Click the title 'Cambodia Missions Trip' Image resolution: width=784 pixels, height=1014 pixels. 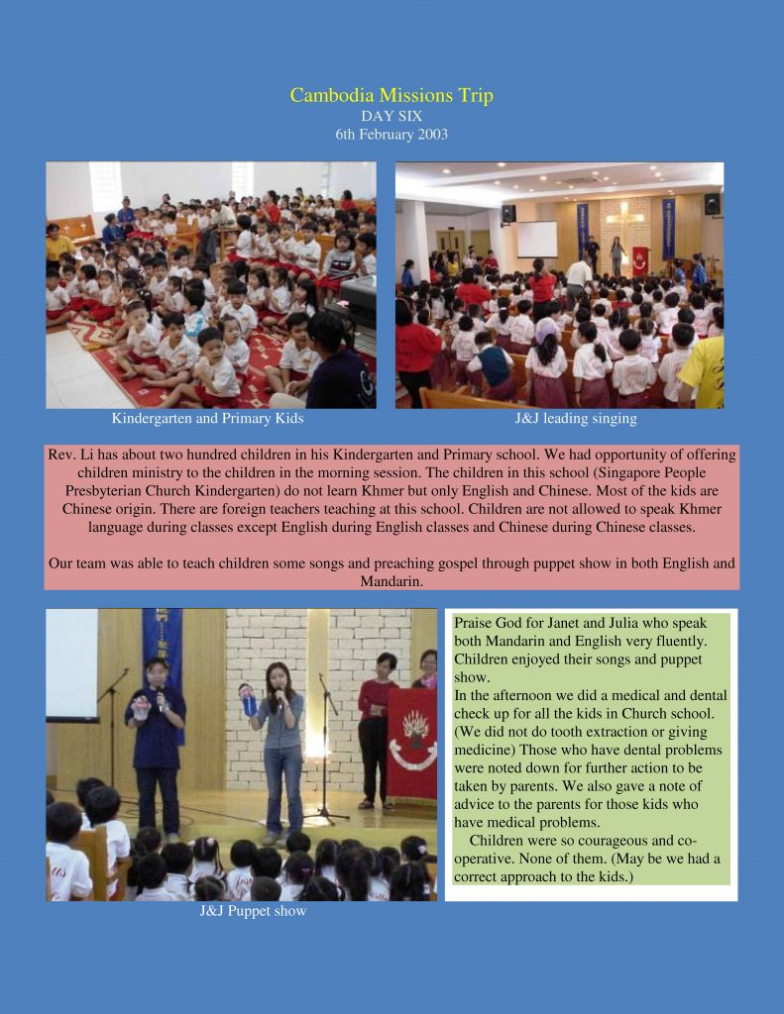click(392, 96)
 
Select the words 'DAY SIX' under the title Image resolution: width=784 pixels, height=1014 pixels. click(392, 116)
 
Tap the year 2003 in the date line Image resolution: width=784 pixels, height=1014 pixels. click(431, 134)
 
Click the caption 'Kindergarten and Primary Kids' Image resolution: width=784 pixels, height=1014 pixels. click(207, 419)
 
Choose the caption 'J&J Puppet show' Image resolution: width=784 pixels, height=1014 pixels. click(253, 911)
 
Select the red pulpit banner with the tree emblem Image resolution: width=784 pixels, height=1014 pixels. click(412, 743)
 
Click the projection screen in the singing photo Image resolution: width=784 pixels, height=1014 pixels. click(537, 240)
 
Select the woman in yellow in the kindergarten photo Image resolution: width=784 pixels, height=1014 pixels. click(57, 243)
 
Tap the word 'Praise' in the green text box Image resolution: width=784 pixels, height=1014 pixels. click(474, 624)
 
